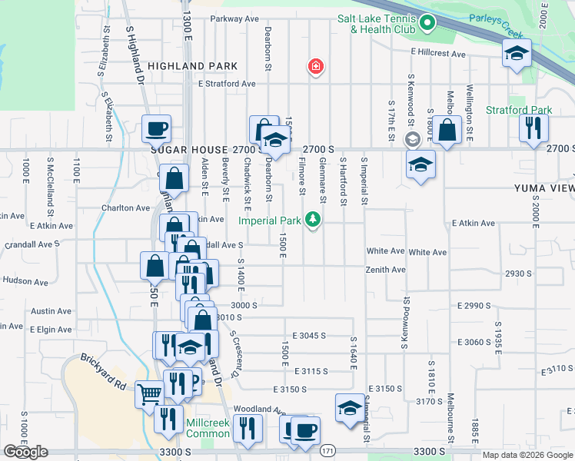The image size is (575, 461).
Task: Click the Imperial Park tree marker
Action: coord(313,221)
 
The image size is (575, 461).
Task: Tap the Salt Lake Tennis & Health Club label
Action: coord(377,24)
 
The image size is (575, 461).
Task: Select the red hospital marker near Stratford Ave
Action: coord(314,68)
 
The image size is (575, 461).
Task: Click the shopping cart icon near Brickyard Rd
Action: coord(149,394)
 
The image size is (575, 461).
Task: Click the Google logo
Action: coord(25,452)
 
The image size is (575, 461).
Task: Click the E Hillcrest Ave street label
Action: coord(438,54)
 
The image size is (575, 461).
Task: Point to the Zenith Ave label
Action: coord(386,270)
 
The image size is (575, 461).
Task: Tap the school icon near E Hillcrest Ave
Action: coord(517,53)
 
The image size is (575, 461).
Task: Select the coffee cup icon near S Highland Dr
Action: coord(156,128)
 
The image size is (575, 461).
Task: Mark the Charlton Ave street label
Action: coord(125,207)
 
